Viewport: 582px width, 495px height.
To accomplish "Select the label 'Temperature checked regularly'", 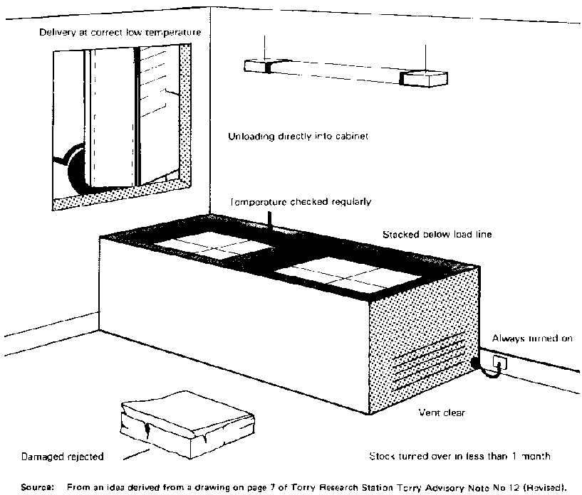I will [300, 201].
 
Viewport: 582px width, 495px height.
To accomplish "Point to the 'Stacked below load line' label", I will [437, 233].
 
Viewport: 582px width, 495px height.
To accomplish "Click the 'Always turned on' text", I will [532, 339].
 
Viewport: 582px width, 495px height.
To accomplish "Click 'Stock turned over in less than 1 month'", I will [459, 455].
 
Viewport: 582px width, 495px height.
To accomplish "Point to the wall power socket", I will [502, 363].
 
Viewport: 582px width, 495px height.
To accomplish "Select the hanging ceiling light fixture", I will [343, 73].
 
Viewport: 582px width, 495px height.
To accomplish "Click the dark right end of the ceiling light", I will [423, 78].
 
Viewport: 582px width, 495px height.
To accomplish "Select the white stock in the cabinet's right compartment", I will [333, 274].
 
